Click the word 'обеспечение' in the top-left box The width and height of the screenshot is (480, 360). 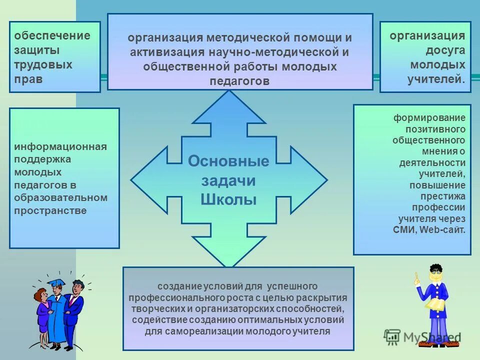tap(52, 36)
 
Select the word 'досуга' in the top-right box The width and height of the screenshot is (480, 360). tap(445, 50)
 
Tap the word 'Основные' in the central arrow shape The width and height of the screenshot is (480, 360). tap(228, 161)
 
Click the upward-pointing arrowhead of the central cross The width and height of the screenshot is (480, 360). tap(229, 107)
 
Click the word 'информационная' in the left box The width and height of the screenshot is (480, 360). tap(60, 146)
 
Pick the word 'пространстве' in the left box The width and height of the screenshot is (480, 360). tap(50, 210)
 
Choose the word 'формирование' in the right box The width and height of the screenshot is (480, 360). tap(429, 118)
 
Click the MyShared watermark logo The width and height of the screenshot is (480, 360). tap(422, 338)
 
